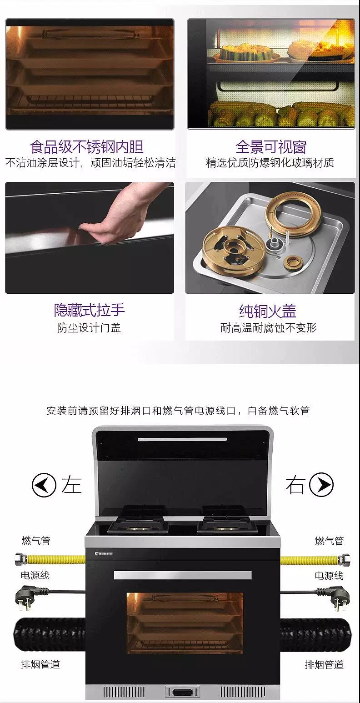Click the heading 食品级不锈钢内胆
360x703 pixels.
click(x=86, y=146)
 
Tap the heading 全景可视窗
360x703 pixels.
click(x=271, y=146)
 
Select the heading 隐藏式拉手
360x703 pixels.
click(x=90, y=310)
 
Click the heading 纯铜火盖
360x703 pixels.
click(x=268, y=311)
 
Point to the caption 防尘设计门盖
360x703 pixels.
click(x=89, y=328)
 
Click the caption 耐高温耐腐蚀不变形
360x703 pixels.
click(x=269, y=328)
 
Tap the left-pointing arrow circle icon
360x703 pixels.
click(x=44, y=485)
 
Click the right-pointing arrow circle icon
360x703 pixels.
click(x=321, y=485)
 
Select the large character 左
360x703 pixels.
click(x=71, y=485)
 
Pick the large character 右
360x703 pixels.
click(x=295, y=485)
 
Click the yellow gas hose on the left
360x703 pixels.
click(x=50, y=559)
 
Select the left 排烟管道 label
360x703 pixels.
click(x=40, y=664)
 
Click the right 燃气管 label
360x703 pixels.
click(x=329, y=541)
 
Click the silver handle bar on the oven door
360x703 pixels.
click(x=183, y=575)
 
